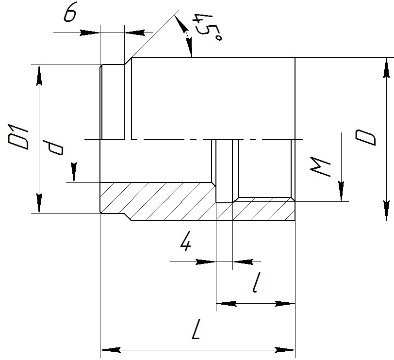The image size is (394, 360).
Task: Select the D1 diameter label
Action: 18,136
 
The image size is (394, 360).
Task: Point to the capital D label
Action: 365,137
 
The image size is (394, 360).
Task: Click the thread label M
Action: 320,167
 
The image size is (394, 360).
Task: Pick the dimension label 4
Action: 186,243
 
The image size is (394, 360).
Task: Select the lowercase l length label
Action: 256,282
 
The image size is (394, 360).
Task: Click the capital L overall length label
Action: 196,329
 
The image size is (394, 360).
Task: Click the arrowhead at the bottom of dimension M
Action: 341,191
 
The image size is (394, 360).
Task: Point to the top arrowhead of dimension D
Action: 387,68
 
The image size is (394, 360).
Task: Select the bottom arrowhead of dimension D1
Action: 39,203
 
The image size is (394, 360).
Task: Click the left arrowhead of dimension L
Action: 111,350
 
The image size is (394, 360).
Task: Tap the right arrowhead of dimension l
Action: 285,303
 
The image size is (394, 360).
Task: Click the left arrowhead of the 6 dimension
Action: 90,33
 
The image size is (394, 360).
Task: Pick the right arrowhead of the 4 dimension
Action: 243,262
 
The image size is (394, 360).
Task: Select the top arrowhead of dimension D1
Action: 39,75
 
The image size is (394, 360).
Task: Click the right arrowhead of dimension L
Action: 285,350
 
